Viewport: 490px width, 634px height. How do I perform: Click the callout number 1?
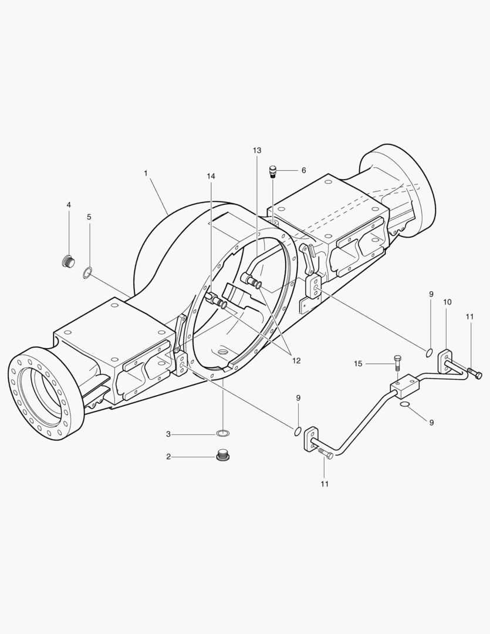pos(146,173)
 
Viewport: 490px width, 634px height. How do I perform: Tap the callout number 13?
pos(257,150)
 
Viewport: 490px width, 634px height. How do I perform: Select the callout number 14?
pos(211,176)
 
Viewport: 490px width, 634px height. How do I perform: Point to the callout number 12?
pos(296,360)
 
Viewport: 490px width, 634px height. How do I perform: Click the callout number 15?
pos(358,364)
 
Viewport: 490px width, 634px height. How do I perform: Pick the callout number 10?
pos(447,302)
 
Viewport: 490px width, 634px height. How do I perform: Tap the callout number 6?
pos(303,170)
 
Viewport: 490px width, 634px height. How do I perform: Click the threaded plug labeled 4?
pos(68,262)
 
